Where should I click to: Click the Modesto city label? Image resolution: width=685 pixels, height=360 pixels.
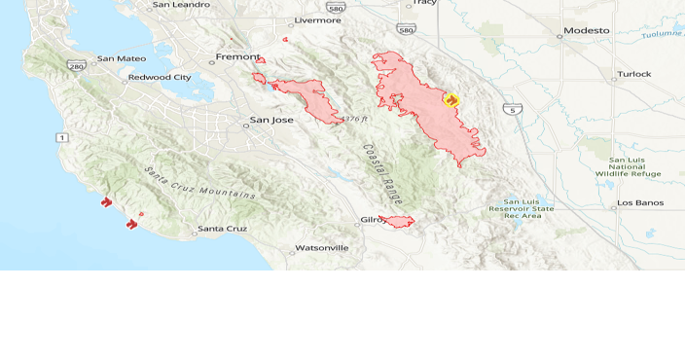click(589, 30)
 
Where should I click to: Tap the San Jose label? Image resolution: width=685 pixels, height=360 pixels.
click(271, 121)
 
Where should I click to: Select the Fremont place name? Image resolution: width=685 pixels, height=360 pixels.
click(237, 56)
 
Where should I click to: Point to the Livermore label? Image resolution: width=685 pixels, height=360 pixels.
click(317, 19)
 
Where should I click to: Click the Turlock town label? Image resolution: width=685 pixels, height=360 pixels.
click(634, 74)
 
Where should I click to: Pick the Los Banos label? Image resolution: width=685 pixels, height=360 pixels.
click(639, 203)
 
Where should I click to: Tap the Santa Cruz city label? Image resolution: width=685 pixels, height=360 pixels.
click(223, 230)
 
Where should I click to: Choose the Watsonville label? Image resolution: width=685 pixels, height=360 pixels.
click(321, 248)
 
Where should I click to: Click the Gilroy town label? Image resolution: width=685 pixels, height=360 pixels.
click(374, 221)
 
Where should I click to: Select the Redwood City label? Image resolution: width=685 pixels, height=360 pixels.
click(160, 77)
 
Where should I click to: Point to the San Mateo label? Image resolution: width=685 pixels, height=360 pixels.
click(122, 59)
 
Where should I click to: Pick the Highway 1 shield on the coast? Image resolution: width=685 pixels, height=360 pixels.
click(62, 138)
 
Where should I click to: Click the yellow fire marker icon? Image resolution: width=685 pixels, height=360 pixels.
click(451, 98)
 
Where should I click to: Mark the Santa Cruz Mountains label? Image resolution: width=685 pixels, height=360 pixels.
click(199, 184)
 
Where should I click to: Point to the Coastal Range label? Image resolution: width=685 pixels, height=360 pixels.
click(380, 172)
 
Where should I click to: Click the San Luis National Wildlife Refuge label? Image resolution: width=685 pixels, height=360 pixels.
click(628, 166)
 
